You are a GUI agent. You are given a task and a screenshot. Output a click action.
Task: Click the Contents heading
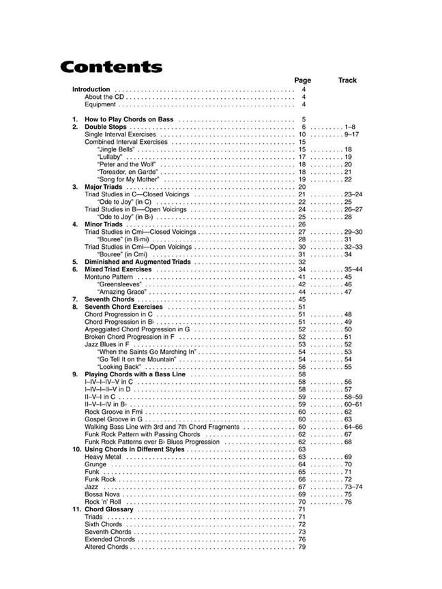click(110, 67)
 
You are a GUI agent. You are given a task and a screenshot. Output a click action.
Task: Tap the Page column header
click(302, 80)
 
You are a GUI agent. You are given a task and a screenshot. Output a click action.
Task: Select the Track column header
click(347, 80)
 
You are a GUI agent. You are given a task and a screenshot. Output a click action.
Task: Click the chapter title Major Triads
click(103, 187)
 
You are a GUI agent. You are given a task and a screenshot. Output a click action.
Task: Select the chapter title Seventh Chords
click(109, 299)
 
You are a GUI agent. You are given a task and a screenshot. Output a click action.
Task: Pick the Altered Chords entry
click(106, 547)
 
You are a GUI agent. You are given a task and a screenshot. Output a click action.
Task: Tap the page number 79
click(301, 547)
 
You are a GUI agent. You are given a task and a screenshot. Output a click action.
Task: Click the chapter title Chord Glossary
click(108, 509)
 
